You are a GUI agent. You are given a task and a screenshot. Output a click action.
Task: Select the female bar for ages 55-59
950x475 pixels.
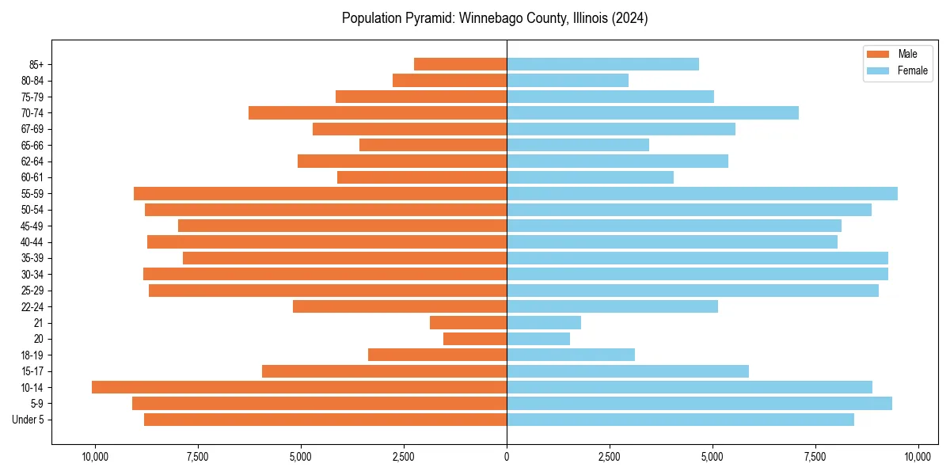pyautogui.click(x=701, y=193)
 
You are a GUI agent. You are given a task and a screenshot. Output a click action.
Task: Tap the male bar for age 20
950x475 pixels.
pyautogui.click(x=475, y=339)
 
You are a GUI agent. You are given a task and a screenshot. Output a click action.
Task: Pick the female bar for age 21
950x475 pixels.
pyautogui.click(x=544, y=322)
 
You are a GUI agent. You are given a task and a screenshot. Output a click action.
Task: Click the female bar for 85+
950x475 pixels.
pyautogui.click(x=602, y=64)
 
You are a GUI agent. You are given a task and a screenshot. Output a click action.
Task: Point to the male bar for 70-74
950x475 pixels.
pyautogui.click(x=378, y=112)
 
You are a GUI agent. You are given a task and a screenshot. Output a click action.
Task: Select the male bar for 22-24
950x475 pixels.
pyautogui.click(x=400, y=306)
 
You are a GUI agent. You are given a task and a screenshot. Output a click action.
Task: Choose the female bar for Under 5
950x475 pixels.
pyautogui.click(x=680, y=420)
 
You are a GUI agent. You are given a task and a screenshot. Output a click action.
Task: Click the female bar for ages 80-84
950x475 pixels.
pyautogui.click(x=568, y=80)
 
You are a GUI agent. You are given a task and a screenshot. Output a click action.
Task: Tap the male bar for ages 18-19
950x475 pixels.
pyautogui.click(x=437, y=355)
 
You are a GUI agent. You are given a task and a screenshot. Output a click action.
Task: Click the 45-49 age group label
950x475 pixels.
pyautogui.click(x=33, y=226)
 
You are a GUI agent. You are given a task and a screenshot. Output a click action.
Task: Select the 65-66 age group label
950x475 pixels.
pyautogui.click(x=33, y=145)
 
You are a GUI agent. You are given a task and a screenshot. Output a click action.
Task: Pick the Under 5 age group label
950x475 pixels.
pyautogui.click(x=28, y=420)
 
